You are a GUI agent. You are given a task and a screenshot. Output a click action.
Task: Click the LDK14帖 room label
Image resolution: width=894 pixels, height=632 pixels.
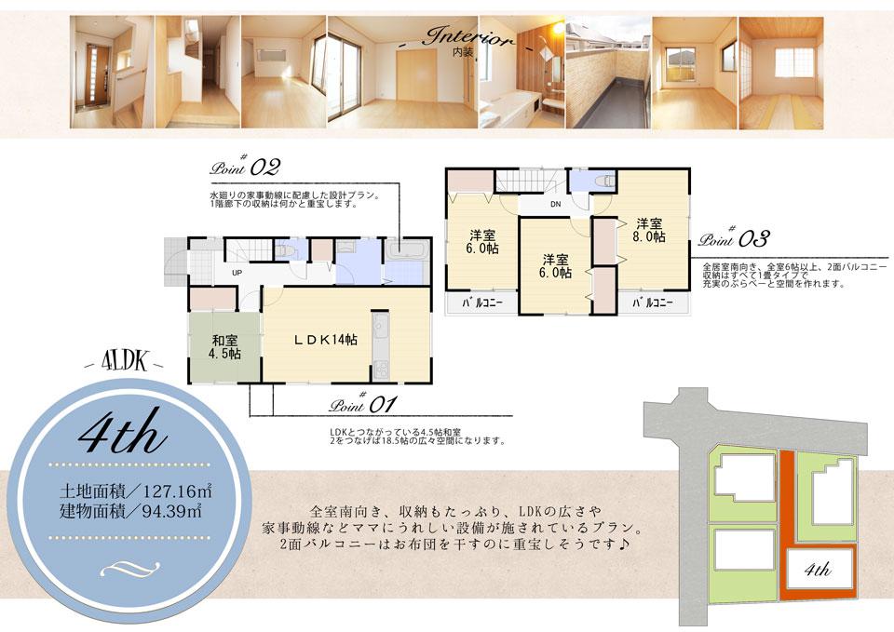pos(326,340)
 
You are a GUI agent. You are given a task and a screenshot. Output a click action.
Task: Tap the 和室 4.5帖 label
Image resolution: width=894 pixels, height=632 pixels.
pos(225,346)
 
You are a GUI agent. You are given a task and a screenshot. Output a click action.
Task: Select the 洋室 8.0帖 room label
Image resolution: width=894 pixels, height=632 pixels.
pos(649,230)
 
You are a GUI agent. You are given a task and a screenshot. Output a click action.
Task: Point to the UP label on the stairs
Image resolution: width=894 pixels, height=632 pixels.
pos(237,273)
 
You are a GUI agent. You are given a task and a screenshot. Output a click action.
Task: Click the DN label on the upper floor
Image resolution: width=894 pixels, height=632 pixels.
pos(555,204)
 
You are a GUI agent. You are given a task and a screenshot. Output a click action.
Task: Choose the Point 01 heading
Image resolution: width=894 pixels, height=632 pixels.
pos(364,405)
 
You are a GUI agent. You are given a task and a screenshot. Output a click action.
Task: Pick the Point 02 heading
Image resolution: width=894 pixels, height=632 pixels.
pos(245,168)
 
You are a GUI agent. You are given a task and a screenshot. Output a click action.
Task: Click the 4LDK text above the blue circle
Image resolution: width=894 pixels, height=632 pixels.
pos(124,362)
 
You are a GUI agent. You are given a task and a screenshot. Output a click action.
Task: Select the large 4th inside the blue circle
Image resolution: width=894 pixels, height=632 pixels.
pos(123,434)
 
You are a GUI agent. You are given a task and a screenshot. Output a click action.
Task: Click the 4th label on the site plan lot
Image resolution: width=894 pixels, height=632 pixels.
pos(817,570)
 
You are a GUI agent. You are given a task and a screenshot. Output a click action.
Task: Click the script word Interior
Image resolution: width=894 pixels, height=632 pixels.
pos(468,39)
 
